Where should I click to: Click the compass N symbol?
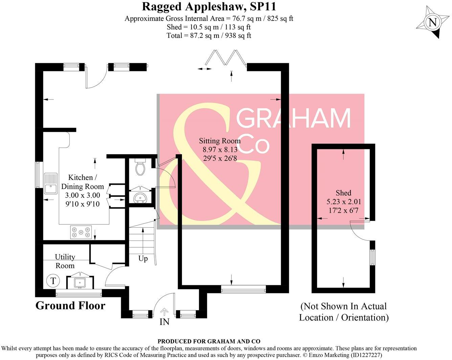[x=432, y=23]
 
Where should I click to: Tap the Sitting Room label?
[x=220, y=149]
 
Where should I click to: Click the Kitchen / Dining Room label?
[x=82, y=190]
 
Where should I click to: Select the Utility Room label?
[x=65, y=261]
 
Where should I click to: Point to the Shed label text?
[x=343, y=193]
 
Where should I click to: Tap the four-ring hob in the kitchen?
[x=81, y=232]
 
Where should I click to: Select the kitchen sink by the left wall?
[x=51, y=183]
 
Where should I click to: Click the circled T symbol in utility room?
[x=53, y=281]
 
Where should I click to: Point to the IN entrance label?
[x=164, y=321]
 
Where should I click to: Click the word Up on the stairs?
[x=143, y=258]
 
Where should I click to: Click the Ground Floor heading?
[x=70, y=306]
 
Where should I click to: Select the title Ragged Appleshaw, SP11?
[x=209, y=6]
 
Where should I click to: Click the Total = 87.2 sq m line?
[x=209, y=36]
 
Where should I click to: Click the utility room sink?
[x=81, y=282]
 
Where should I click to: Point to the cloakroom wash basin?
[x=140, y=197]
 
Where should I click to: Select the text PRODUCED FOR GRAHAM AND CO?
[x=209, y=341]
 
